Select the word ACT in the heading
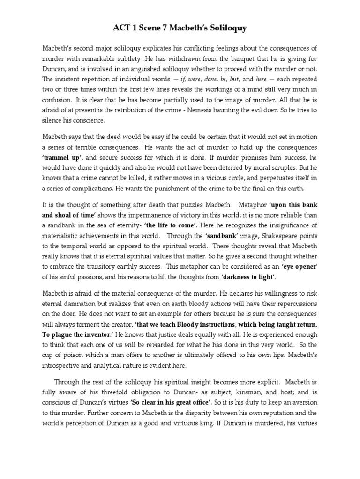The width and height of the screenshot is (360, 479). tap(123, 29)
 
